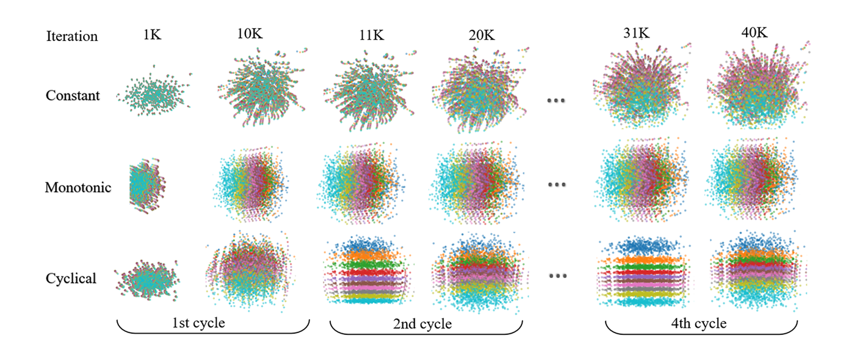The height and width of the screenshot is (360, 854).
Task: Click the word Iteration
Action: click(71, 36)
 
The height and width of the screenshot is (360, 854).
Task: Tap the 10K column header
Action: click(250, 34)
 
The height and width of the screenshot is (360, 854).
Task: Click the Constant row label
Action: click(73, 96)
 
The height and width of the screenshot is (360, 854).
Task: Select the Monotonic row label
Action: click(78, 187)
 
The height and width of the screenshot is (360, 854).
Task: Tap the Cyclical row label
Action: click(71, 278)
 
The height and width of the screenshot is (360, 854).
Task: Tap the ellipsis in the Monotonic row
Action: click(557, 184)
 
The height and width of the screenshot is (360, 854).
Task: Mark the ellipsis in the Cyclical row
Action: click(557, 276)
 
